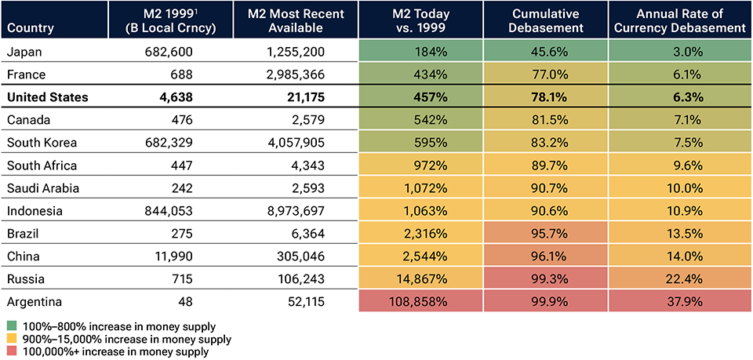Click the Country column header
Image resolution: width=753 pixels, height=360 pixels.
tap(29, 27)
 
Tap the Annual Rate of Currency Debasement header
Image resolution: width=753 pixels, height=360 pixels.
tap(678, 20)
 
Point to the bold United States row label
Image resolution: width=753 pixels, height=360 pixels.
tap(47, 98)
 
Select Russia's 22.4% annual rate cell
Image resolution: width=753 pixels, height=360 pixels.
tap(678, 279)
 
